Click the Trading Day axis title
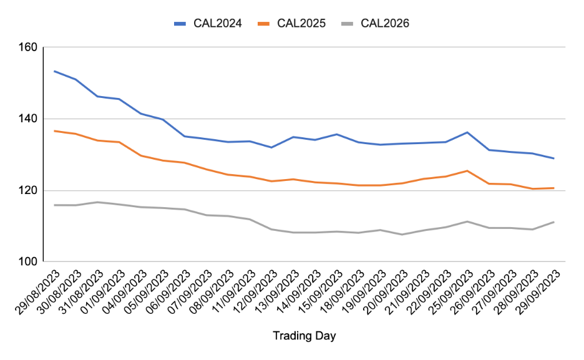click(304, 336)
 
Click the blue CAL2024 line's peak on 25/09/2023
click(467, 132)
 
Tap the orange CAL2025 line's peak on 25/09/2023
click(467, 170)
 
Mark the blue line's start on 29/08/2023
click(55, 71)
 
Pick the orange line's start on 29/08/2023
click(55, 131)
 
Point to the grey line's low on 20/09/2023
click(402, 235)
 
